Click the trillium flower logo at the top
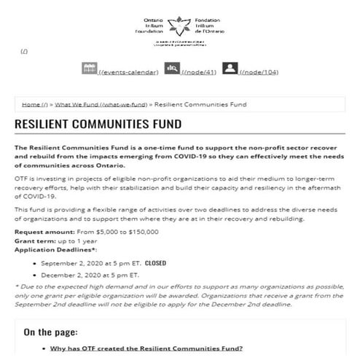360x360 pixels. pos(178,27)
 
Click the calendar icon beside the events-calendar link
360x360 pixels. pos(90,68)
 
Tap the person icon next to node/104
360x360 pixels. pos(230,68)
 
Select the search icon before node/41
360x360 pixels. pos(172,68)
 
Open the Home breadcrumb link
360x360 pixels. pos(35,105)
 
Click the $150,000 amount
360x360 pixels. pos(141,231)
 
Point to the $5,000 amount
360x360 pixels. pos(98,231)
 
